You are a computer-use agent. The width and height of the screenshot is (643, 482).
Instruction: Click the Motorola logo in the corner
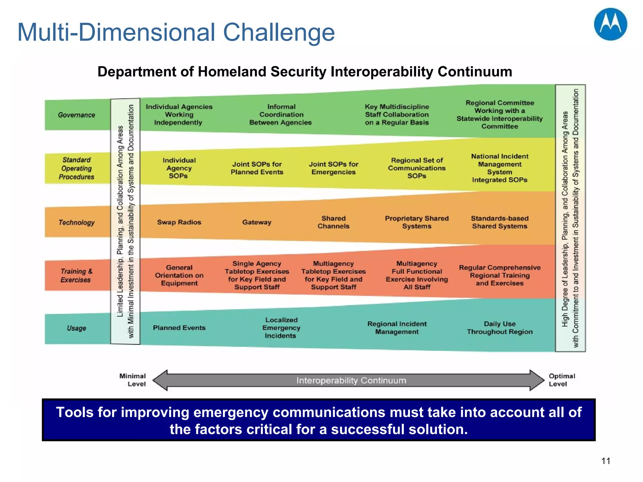point(610,24)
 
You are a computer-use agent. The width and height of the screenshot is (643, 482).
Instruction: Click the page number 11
point(606,461)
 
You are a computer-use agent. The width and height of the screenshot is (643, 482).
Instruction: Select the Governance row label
point(76,115)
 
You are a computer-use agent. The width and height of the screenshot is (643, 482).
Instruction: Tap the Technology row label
point(76,222)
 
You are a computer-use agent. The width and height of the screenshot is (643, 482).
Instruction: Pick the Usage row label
point(76,328)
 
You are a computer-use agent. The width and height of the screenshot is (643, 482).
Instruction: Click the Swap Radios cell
point(179,222)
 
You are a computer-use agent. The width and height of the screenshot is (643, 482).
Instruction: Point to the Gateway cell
point(257,222)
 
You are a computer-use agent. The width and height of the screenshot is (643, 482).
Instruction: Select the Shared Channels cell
point(333,222)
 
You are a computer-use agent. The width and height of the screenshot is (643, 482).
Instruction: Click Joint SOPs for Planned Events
point(257,168)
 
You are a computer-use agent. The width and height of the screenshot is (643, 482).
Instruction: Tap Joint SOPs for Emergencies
point(333,168)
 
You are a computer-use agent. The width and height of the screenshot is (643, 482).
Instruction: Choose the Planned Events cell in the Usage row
point(179,328)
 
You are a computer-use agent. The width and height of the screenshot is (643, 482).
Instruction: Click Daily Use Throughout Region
point(500,328)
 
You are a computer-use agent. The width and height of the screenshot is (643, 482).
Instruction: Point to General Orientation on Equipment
point(179,275)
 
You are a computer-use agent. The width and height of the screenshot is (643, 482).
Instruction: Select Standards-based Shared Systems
point(500,222)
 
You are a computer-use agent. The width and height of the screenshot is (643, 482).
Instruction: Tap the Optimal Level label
point(562,380)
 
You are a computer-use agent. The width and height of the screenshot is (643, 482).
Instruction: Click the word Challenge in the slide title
point(278,32)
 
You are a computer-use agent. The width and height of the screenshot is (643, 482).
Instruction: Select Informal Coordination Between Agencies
point(281,115)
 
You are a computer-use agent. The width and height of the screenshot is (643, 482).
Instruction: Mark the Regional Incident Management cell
point(397,328)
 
